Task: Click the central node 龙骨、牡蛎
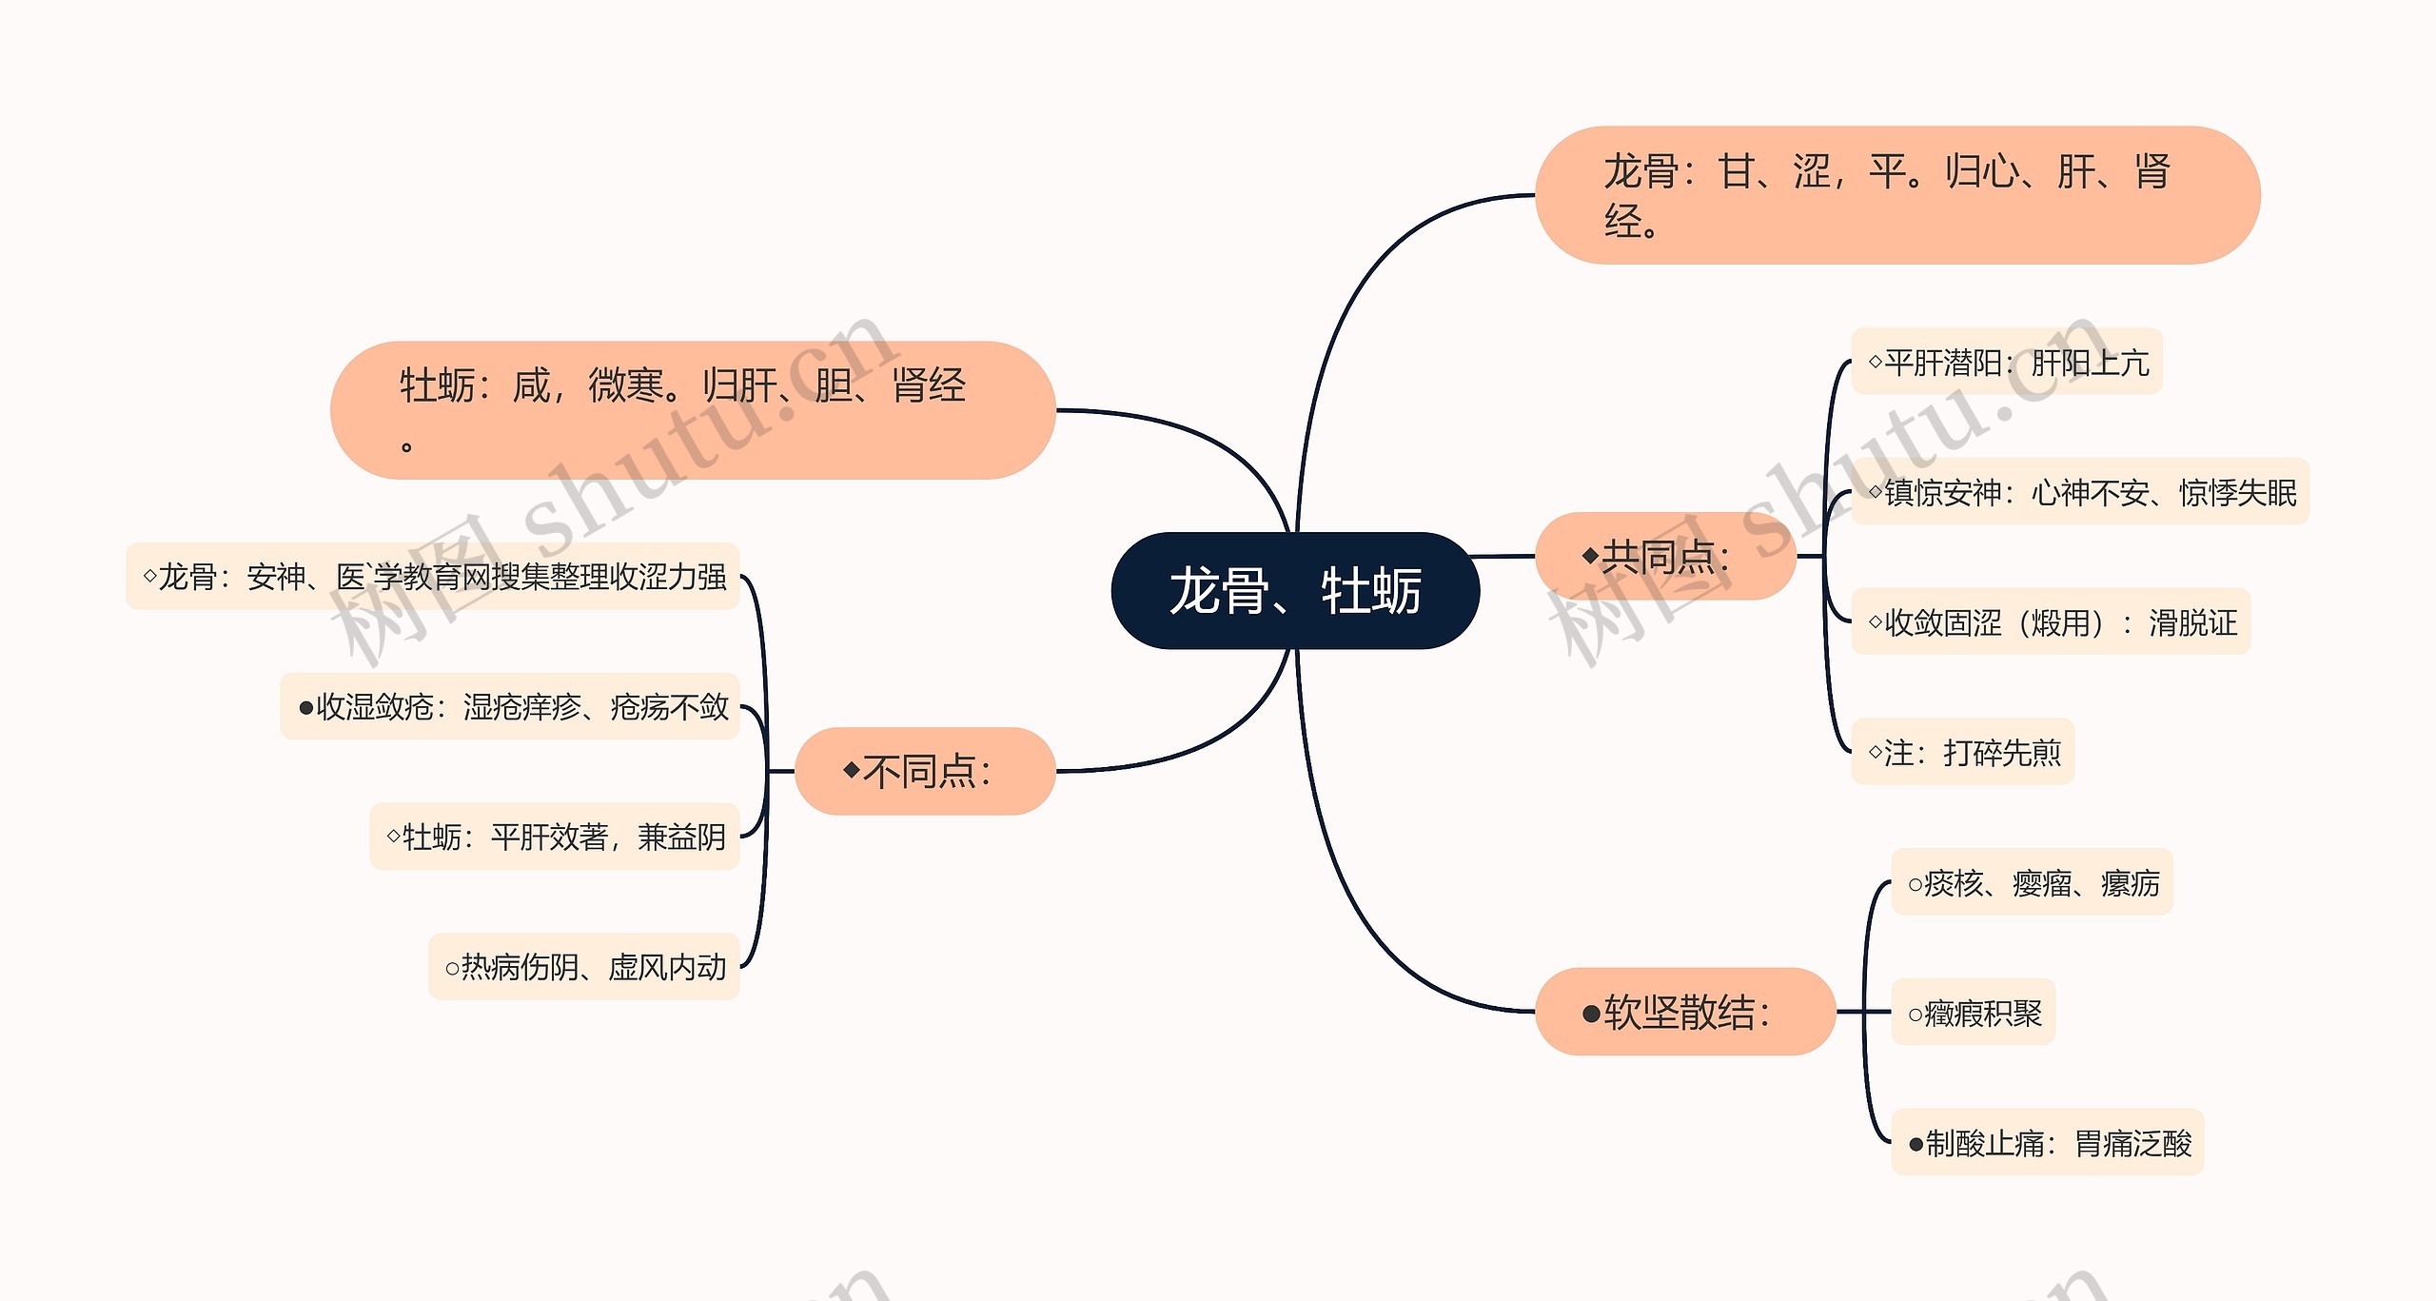(1295, 591)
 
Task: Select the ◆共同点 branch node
(1665, 557)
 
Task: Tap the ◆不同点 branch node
(925, 771)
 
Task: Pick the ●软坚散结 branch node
(1685, 1012)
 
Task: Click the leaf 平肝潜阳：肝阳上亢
(2007, 362)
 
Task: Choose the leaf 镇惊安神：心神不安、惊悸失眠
(2081, 492)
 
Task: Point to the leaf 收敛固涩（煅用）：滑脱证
(2051, 622)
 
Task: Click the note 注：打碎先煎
(1963, 752)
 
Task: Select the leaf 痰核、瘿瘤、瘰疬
(2033, 882)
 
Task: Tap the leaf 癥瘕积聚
(1974, 1013)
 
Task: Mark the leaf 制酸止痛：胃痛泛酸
(2048, 1142)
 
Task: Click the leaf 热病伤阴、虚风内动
(584, 967)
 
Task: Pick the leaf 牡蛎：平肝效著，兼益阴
(555, 837)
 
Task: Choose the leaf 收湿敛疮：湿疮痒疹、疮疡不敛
(511, 706)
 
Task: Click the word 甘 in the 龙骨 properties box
(1737, 172)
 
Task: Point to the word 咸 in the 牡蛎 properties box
(531, 386)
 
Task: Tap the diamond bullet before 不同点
(852, 769)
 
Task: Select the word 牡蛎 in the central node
(1371, 591)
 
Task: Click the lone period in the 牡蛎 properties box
(406, 446)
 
